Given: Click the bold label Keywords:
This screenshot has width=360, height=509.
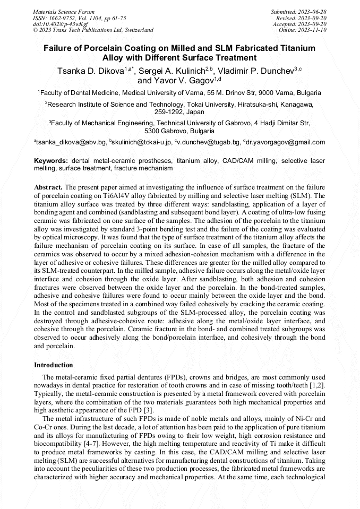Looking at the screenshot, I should click(51, 160).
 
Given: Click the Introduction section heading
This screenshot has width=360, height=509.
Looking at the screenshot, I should click(53, 365).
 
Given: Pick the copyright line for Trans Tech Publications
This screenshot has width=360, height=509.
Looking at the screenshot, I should click(93, 30).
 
